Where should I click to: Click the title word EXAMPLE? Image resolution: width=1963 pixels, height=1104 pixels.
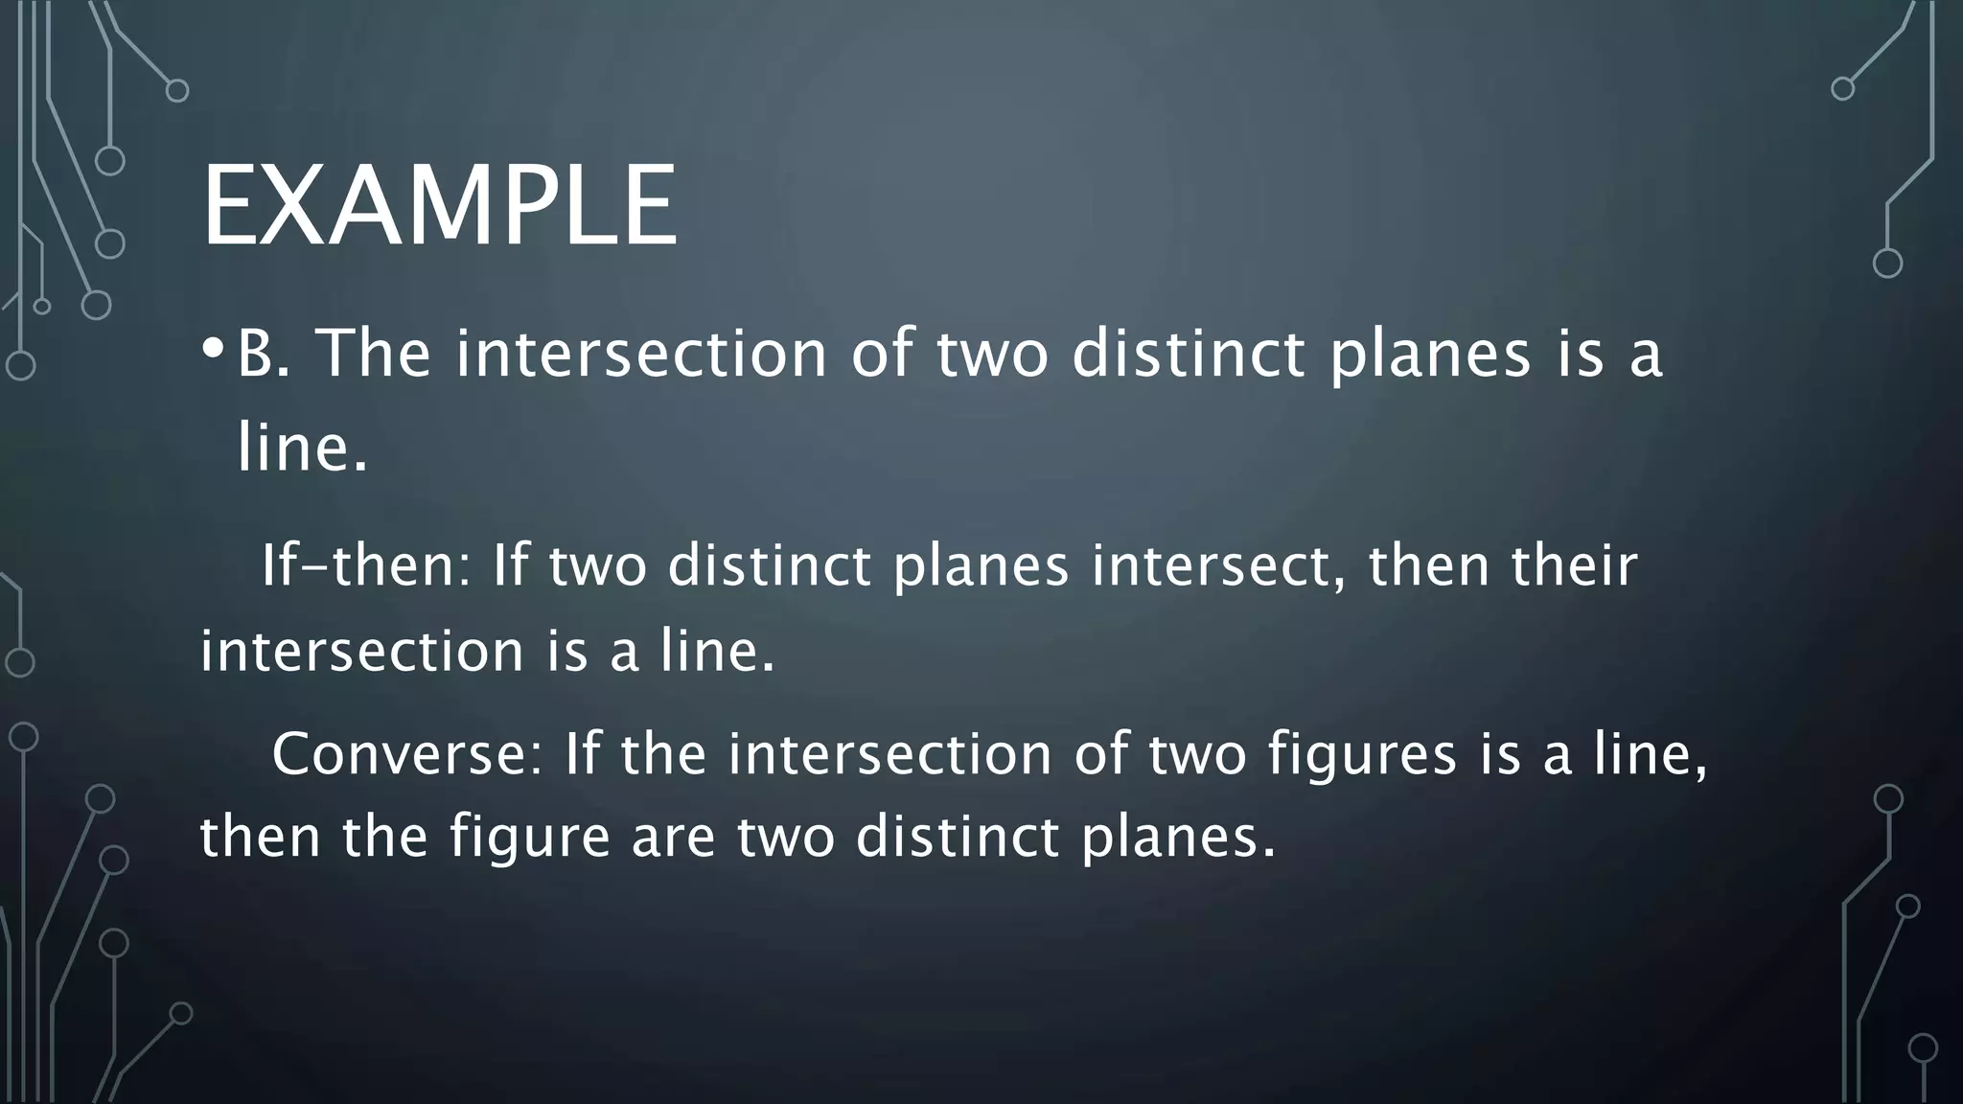[440, 207]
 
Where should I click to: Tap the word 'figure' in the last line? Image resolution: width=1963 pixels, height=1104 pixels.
[529, 836]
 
